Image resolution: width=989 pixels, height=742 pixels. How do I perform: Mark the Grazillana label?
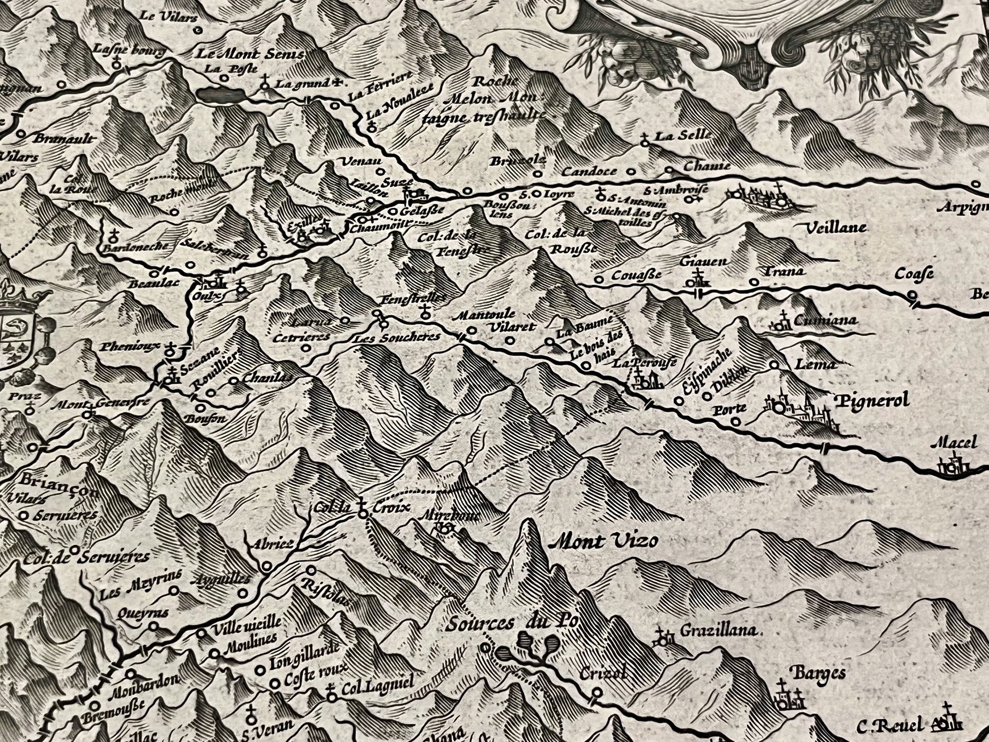tap(718, 632)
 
